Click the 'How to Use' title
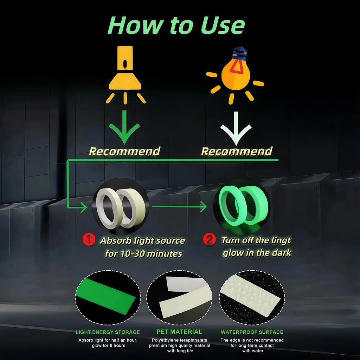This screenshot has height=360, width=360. coord(176,25)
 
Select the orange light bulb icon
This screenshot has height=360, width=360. coord(236,73)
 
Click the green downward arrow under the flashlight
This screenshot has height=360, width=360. coord(124,127)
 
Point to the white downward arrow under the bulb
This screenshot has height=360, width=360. coord(236,129)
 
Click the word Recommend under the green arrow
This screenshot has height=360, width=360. coord(125,152)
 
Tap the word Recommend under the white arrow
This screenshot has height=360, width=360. coord(237,152)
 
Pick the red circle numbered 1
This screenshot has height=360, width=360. coord(89,239)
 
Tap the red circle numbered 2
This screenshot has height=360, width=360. coord(210,239)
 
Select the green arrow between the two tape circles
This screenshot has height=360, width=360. coord(179,206)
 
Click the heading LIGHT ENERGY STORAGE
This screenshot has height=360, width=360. coord(108,332)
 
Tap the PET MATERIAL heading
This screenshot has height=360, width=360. coord(179,332)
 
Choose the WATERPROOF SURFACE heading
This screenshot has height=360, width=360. coord(252,332)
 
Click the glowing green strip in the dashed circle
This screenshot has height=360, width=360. coord(105,296)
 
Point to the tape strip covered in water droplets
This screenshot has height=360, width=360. coord(250,295)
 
